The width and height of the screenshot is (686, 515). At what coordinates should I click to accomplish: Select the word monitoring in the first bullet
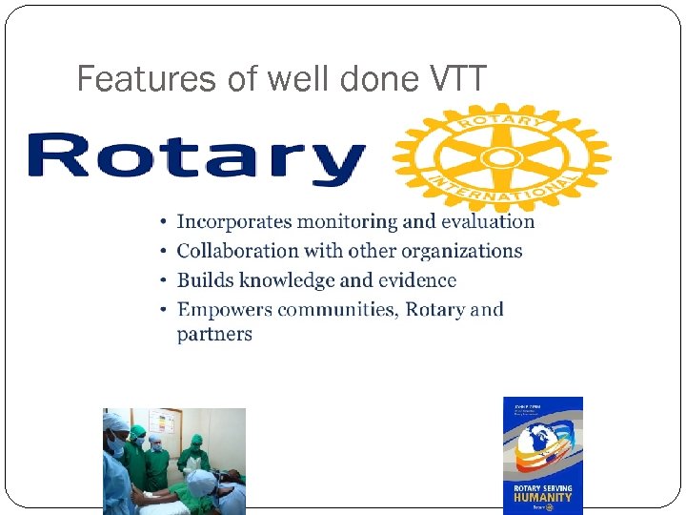click(x=346, y=221)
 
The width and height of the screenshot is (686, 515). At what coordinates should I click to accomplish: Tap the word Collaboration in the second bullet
click(x=236, y=251)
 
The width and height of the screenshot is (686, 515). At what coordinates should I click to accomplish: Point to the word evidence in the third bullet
click(x=417, y=280)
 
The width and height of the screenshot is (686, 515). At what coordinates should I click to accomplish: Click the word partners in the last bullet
click(x=214, y=335)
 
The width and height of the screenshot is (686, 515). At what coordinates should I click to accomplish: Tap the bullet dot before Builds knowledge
click(x=164, y=280)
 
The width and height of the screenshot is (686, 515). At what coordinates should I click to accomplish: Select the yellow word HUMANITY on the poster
click(x=542, y=497)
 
